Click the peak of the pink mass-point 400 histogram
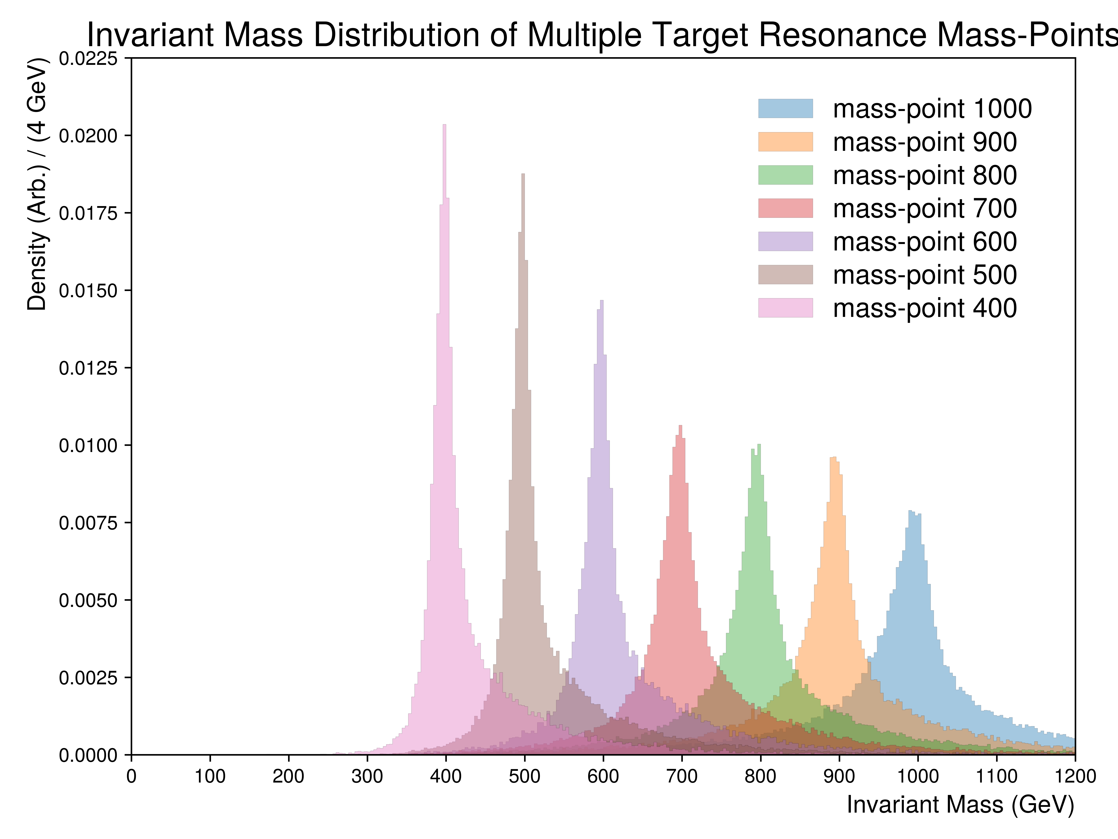tap(444, 125)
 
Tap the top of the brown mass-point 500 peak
tap(523, 174)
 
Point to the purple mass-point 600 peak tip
tap(601, 301)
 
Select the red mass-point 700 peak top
tap(680, 426)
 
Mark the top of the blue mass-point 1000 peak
tap(910, 511)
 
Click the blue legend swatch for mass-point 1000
tap(785, 108)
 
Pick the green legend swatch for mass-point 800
tap(785, 175)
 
